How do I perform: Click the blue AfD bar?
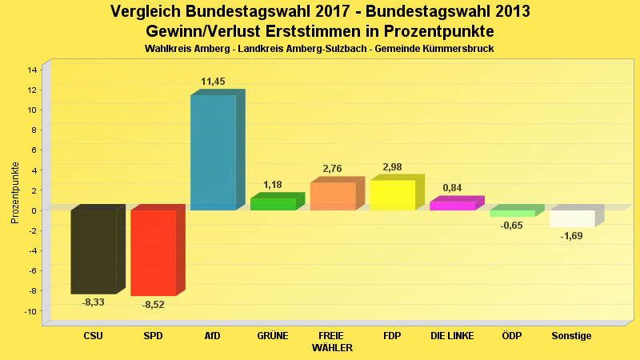(213, 152)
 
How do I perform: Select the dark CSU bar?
(94, 251)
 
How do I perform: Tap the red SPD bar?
(153, 252)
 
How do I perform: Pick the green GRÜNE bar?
(273, 204)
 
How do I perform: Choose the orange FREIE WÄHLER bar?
(333, 196)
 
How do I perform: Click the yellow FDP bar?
(392, 195)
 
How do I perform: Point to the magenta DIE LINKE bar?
(452, 206)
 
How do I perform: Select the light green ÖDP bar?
(512, 214)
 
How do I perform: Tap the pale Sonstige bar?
(572, 218)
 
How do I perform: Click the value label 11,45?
(214, 82)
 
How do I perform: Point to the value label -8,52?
(154, 305)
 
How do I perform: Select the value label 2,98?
(392, 167)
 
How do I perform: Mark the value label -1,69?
(572, 236)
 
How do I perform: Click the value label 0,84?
(452, 188)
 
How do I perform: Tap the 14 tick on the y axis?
(33, 70)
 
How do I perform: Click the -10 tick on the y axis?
(31, 311)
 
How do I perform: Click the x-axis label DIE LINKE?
(452, 336)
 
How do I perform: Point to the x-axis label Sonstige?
(572, 336)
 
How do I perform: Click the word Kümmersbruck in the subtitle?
(458, 49)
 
